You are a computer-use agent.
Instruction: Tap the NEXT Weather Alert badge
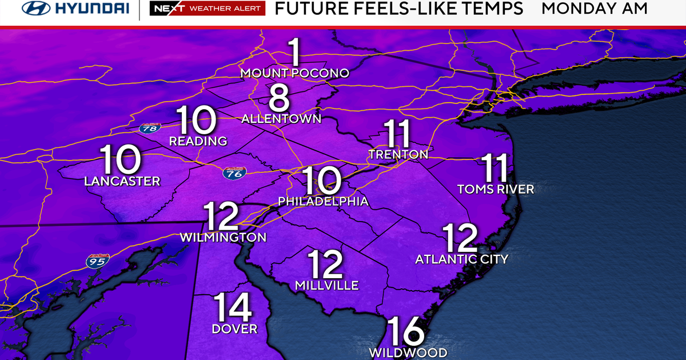click(x=207, y=9)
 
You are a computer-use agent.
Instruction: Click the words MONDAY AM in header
click(x=595, y=9)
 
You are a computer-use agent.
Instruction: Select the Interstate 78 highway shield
click(x=149, y=128)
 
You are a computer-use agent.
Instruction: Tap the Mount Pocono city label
click(x=294, y=73)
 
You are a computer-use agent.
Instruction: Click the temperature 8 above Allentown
click(x=280, y=98)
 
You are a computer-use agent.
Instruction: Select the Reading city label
click(x=198, y=141)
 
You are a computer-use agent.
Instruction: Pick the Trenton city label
click(x=398, y=154)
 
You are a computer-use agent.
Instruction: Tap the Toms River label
click(x=496, y=189)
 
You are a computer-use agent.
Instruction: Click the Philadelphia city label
click(x=323, y=202)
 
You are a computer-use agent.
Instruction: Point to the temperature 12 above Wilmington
click(x=221, y=217)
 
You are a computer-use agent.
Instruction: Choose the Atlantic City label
click(x=461, y=259)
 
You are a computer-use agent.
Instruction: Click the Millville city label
click(x=326, y=285)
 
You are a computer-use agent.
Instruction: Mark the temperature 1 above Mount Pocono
click(x=295, y=53)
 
